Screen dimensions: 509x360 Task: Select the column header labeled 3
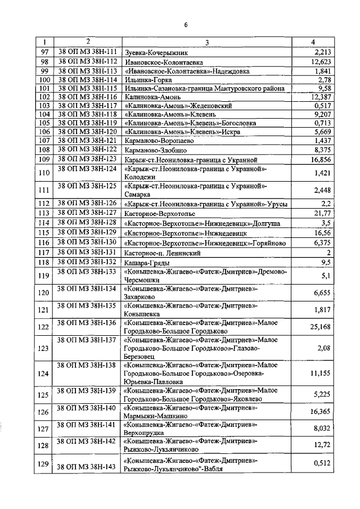coord(206,43)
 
